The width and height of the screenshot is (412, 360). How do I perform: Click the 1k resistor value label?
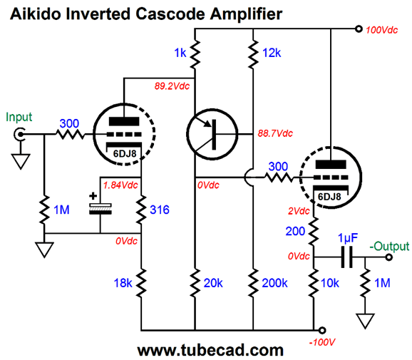point(180,53)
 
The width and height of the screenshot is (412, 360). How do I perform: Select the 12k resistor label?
point(272,53)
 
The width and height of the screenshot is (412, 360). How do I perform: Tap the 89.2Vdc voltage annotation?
point(172,86)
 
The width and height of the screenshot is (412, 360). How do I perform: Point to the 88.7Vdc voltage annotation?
point(275,133)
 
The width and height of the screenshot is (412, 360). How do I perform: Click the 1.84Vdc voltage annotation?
point(120,185)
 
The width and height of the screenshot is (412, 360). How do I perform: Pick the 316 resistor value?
point(160,210)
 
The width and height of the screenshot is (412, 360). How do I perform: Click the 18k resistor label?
point(123,283)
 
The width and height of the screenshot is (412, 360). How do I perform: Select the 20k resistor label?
point(213,283)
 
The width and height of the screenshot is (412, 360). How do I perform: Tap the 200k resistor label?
point(274,283)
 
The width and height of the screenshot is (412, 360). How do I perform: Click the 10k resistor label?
point(330,283)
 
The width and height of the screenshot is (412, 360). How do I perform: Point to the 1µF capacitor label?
point(348,238)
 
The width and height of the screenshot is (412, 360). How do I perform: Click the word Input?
point(19,118)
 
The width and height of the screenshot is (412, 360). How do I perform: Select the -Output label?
point(389,247)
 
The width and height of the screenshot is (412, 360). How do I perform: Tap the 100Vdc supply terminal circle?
point(359,29)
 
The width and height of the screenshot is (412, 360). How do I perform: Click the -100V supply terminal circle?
point(322,330)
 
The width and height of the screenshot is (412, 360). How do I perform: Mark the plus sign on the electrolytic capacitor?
point(93,196)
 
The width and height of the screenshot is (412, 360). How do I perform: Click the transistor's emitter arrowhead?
point(207,123)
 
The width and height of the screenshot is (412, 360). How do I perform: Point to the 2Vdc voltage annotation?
point(299,211)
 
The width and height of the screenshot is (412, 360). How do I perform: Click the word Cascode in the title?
point(170,14)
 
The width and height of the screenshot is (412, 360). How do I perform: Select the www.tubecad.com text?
point(210,351)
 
